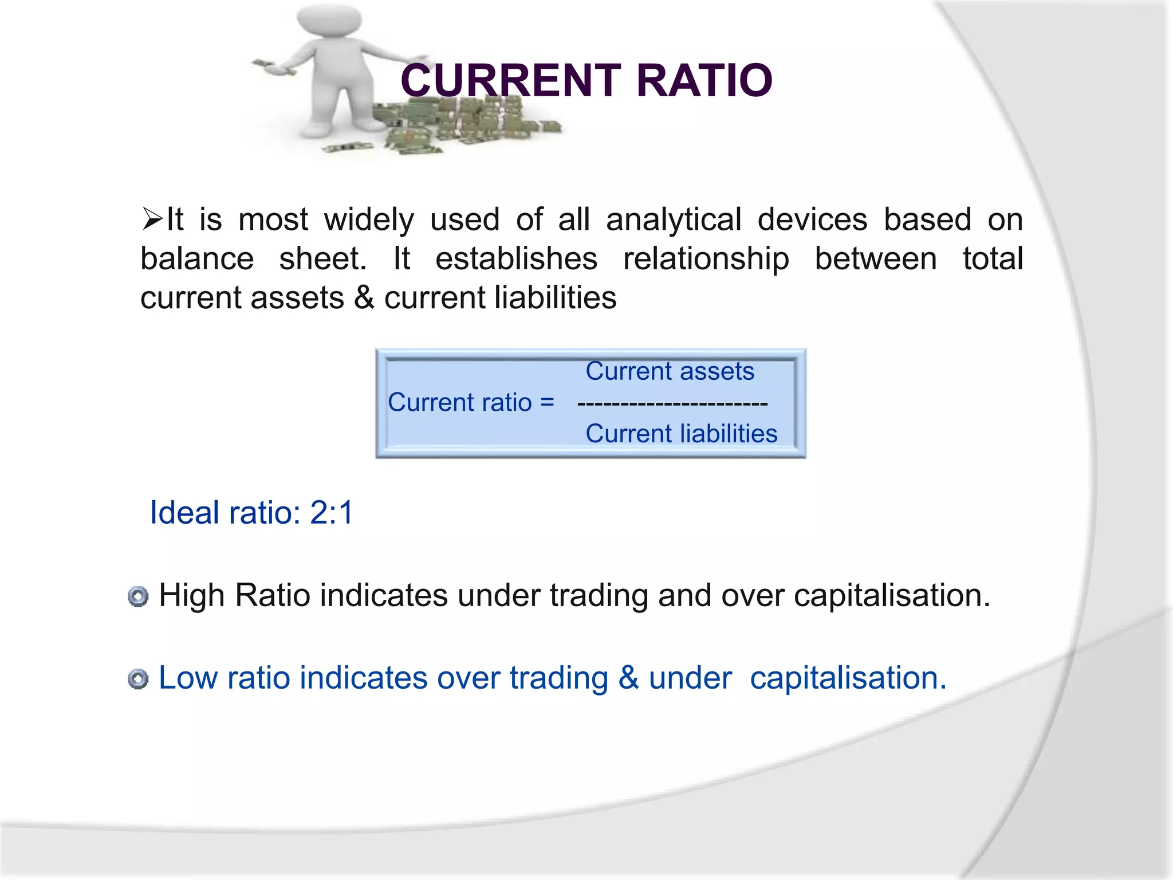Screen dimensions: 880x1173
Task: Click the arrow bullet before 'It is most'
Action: pos(152,219)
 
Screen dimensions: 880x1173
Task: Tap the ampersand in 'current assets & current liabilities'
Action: pos(364,298)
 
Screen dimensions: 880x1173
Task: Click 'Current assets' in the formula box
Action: pos(669,371)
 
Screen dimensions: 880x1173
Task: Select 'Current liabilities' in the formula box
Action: pos(681,434)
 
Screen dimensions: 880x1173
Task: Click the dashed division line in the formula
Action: pos(672,403)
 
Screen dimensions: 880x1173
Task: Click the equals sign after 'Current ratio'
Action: pos(547,402)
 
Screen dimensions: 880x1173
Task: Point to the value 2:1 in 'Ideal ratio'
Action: pos(332,512)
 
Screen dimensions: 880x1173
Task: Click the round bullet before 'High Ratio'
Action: pos(138,596)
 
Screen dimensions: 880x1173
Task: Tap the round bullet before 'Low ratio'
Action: pos(138,679)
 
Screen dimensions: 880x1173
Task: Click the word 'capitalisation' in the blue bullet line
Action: pos(847,678)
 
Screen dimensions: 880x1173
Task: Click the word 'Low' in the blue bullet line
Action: pos(187,678)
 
